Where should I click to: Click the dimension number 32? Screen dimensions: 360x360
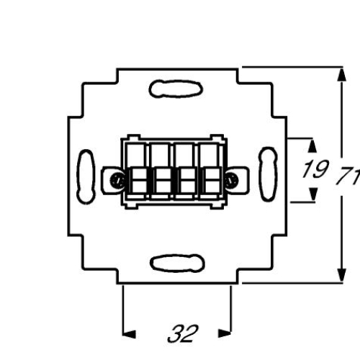tap(183, 334)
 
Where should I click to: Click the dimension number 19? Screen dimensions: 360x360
tap(315, 169)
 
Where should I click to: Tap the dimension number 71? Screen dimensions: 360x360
tap(348, 176)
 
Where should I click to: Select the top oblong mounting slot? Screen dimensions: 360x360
tap(176, 89)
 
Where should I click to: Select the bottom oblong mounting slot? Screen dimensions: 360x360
tap(177, 263)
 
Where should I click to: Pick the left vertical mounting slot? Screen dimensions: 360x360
tap(86, 176)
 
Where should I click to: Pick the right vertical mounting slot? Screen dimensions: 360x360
tap(268, 174)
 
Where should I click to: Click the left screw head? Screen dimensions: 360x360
tap(117, 180)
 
